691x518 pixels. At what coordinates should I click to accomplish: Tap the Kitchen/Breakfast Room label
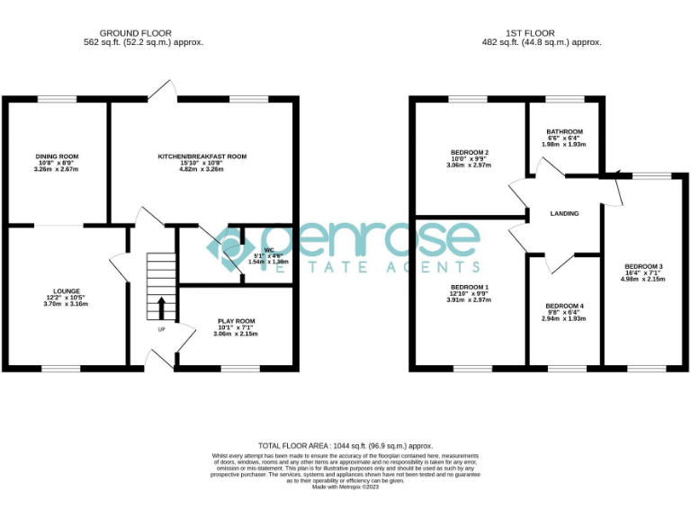click(x=202, y=156)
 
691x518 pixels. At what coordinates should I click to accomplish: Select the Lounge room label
click(x=67, y=291)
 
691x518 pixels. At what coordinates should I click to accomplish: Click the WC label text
click(x=268, y=249)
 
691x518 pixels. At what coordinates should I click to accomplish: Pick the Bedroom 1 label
click(x=468, y=287)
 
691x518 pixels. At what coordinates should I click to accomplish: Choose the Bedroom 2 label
click(x=469, y=152)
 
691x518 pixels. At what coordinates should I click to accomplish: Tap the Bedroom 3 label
click(x=642, y=266)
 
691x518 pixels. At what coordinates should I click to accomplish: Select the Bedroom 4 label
click(x=563, y=306)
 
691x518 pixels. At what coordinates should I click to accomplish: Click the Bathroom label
click(x=564, y=131)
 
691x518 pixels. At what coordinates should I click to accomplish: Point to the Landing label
click(x=564, y=213)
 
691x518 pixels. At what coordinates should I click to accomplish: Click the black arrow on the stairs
click(x=162, y=308)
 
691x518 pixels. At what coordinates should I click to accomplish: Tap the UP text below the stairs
click(x=162, y=329)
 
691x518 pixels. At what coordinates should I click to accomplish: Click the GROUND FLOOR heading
click(x=135, y=33)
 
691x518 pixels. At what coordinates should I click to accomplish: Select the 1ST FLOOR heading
click(x=542, y=33)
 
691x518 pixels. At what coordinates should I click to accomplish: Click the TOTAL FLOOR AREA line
click(x=345, y=446)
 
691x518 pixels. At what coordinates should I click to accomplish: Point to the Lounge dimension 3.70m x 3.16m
click(x=67, y=304)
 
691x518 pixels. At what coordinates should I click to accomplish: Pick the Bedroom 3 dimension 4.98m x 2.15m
click(x=642, y=279)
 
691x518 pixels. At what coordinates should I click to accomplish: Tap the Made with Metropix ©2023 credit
click(x=345, y=487)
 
